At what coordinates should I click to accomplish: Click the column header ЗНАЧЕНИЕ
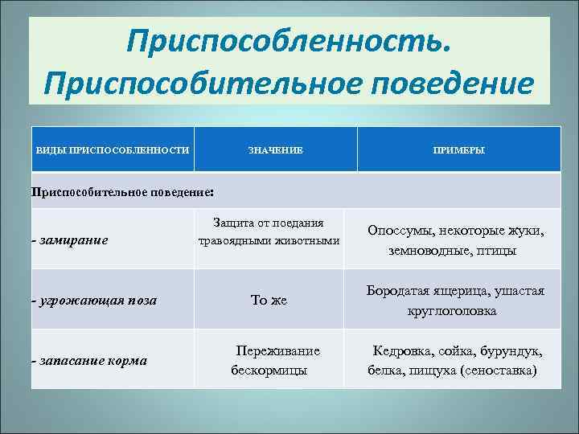(x=275, y=150)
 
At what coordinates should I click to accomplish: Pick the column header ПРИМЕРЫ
(x=458, y=150)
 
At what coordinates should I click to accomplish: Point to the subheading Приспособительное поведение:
(x=122, y=193)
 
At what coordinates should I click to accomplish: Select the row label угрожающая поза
(x=95, y=300)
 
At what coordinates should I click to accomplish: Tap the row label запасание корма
(x=90, y=360)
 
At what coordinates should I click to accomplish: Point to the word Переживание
(x=277, y=351)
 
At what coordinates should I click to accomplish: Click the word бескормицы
(x=269, y=371)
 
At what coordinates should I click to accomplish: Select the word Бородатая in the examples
(x=395, y=290)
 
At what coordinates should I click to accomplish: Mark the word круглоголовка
(x=451, y=310)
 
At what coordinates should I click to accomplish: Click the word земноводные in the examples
(x=418, y=251)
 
